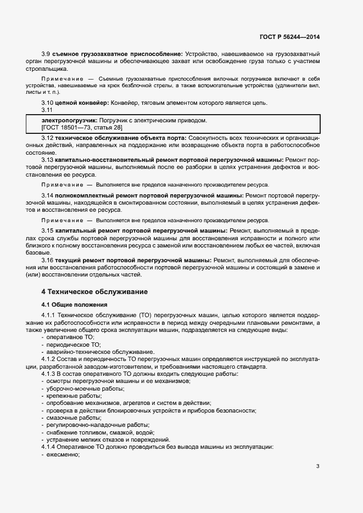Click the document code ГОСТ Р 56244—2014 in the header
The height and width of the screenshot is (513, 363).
pyautogui.click(x=289, y=37)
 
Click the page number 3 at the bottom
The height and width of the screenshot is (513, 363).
pyautogui.click(x=317, y=466)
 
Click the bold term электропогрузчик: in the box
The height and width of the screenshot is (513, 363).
pyautogui.click(x=66, y=120)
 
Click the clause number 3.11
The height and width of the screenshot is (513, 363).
pyautogui.click(x=47, y=110)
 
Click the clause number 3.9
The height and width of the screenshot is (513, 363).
pyautogui.click(x=46, y=54)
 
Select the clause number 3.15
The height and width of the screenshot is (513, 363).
pyautogui.click(x=48, y=230)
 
